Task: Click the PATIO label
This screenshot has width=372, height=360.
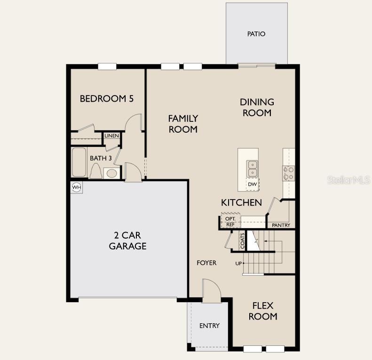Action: tap(256, 34)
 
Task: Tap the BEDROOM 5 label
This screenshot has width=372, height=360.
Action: tap(107, 99)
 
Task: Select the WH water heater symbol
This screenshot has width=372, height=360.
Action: tap(77, 187)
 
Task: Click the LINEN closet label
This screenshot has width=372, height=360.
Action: tap(112, 136)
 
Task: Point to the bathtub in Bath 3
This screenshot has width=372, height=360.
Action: tap(78, 163)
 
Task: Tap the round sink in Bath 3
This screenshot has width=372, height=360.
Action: tap(111, 173)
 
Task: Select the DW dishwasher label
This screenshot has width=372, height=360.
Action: tap(253, 184)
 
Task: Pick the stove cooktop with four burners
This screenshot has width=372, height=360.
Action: tap(288, 173)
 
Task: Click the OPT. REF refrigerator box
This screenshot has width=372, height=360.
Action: tap(230, 222)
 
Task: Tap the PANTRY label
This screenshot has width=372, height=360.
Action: tap(281, 225)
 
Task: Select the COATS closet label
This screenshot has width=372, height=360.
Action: tap(243, 241)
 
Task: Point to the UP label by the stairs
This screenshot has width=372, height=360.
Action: tap(238, 264)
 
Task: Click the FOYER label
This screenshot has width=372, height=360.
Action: tap(206, 263)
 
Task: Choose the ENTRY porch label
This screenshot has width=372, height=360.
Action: tap(209, 326)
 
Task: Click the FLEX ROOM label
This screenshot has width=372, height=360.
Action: tap(263, 311)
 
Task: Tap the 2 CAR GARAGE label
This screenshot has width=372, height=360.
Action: tap(127, 240)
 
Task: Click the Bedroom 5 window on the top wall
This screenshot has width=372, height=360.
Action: tap(107, 66)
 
